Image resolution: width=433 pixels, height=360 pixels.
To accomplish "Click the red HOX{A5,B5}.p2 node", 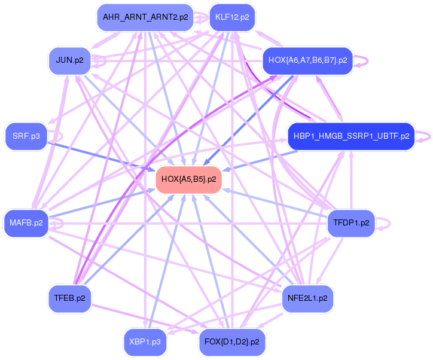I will (x=188, y=179).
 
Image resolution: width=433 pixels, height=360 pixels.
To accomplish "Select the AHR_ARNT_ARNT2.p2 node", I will (x=145, y=17).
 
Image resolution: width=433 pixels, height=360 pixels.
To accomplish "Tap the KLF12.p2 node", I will (x=232, y=17).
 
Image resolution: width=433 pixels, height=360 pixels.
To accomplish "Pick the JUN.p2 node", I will (x=69, y=60).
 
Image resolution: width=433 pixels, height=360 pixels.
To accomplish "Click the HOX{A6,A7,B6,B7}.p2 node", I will (x=307, y=60).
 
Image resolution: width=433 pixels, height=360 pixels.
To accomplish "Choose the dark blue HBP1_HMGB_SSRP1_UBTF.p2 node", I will (x=351, y=136).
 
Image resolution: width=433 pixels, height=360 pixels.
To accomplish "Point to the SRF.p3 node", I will (x=26, y=136).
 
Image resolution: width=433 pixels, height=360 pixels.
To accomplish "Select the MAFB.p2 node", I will (x=26, y=223).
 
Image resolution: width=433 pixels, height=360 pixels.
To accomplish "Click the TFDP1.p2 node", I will (x=351, y=223).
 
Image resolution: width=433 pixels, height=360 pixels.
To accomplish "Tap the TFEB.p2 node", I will (x=69, y=298).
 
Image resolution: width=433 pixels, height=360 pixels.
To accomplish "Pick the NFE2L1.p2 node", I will (x=307, y=298).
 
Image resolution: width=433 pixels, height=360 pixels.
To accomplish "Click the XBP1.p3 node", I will (x=145, y=342).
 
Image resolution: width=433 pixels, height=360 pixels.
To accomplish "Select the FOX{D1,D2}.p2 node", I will (x=232, y=342).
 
